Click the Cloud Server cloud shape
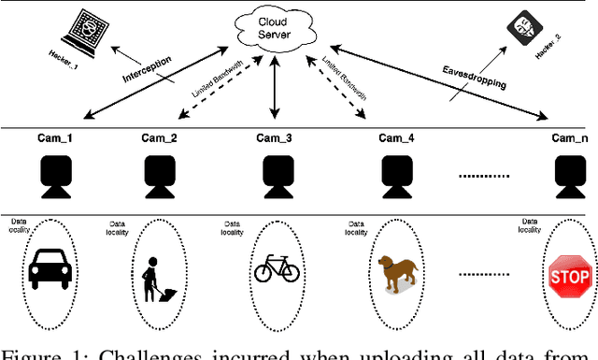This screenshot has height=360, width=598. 274,27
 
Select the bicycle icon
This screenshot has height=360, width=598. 278,270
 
